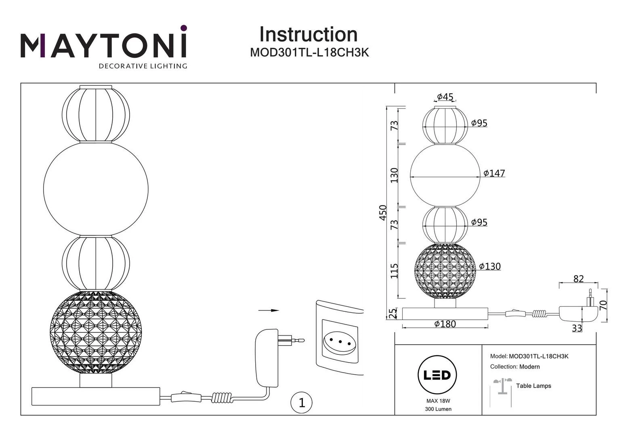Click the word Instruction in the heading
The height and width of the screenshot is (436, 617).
click(x=308, y=35)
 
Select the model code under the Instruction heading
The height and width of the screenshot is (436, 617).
click(x=309, y=53)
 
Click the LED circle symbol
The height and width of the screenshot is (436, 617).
click(x=437, y=375)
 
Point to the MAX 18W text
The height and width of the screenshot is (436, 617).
click(x=438, y=401)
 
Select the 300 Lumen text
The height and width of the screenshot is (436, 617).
click(x=438, y=409)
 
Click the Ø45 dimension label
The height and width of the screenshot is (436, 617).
click(x=445, y=97)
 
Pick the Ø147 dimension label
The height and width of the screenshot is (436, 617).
click(x=494, y=173)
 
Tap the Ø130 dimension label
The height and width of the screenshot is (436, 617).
click(x=490, y=266)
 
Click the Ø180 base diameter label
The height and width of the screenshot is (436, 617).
click(x=445, y=324)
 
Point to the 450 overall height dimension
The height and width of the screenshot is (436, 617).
click(x=383, y=213)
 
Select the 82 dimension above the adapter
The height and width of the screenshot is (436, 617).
click(x=578, y=279)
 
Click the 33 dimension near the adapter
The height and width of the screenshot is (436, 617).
click(x=577, y=328)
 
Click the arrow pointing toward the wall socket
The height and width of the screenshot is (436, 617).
click(x=269, y=310)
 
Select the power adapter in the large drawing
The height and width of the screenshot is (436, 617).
click(x=267, y=358)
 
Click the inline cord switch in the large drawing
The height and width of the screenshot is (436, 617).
click(x=186, y=397)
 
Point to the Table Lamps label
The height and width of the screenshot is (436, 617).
click(x=533, y=386)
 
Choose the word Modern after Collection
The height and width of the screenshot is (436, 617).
click(x=529, y=367)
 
